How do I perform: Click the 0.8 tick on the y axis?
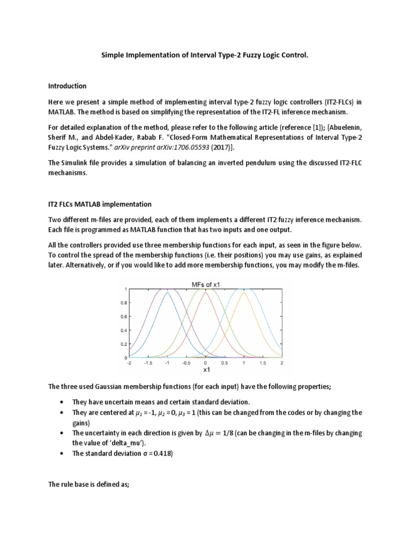(124, 303)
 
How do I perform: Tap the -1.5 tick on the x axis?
(148, 363)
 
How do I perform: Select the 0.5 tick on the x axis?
(225, 363)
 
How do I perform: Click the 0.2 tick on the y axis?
(124, 344)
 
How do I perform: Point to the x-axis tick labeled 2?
(282, 363)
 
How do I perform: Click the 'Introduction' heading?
(67, 86)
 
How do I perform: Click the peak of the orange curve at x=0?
(206, 292)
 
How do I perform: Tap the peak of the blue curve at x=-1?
(167, 292)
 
